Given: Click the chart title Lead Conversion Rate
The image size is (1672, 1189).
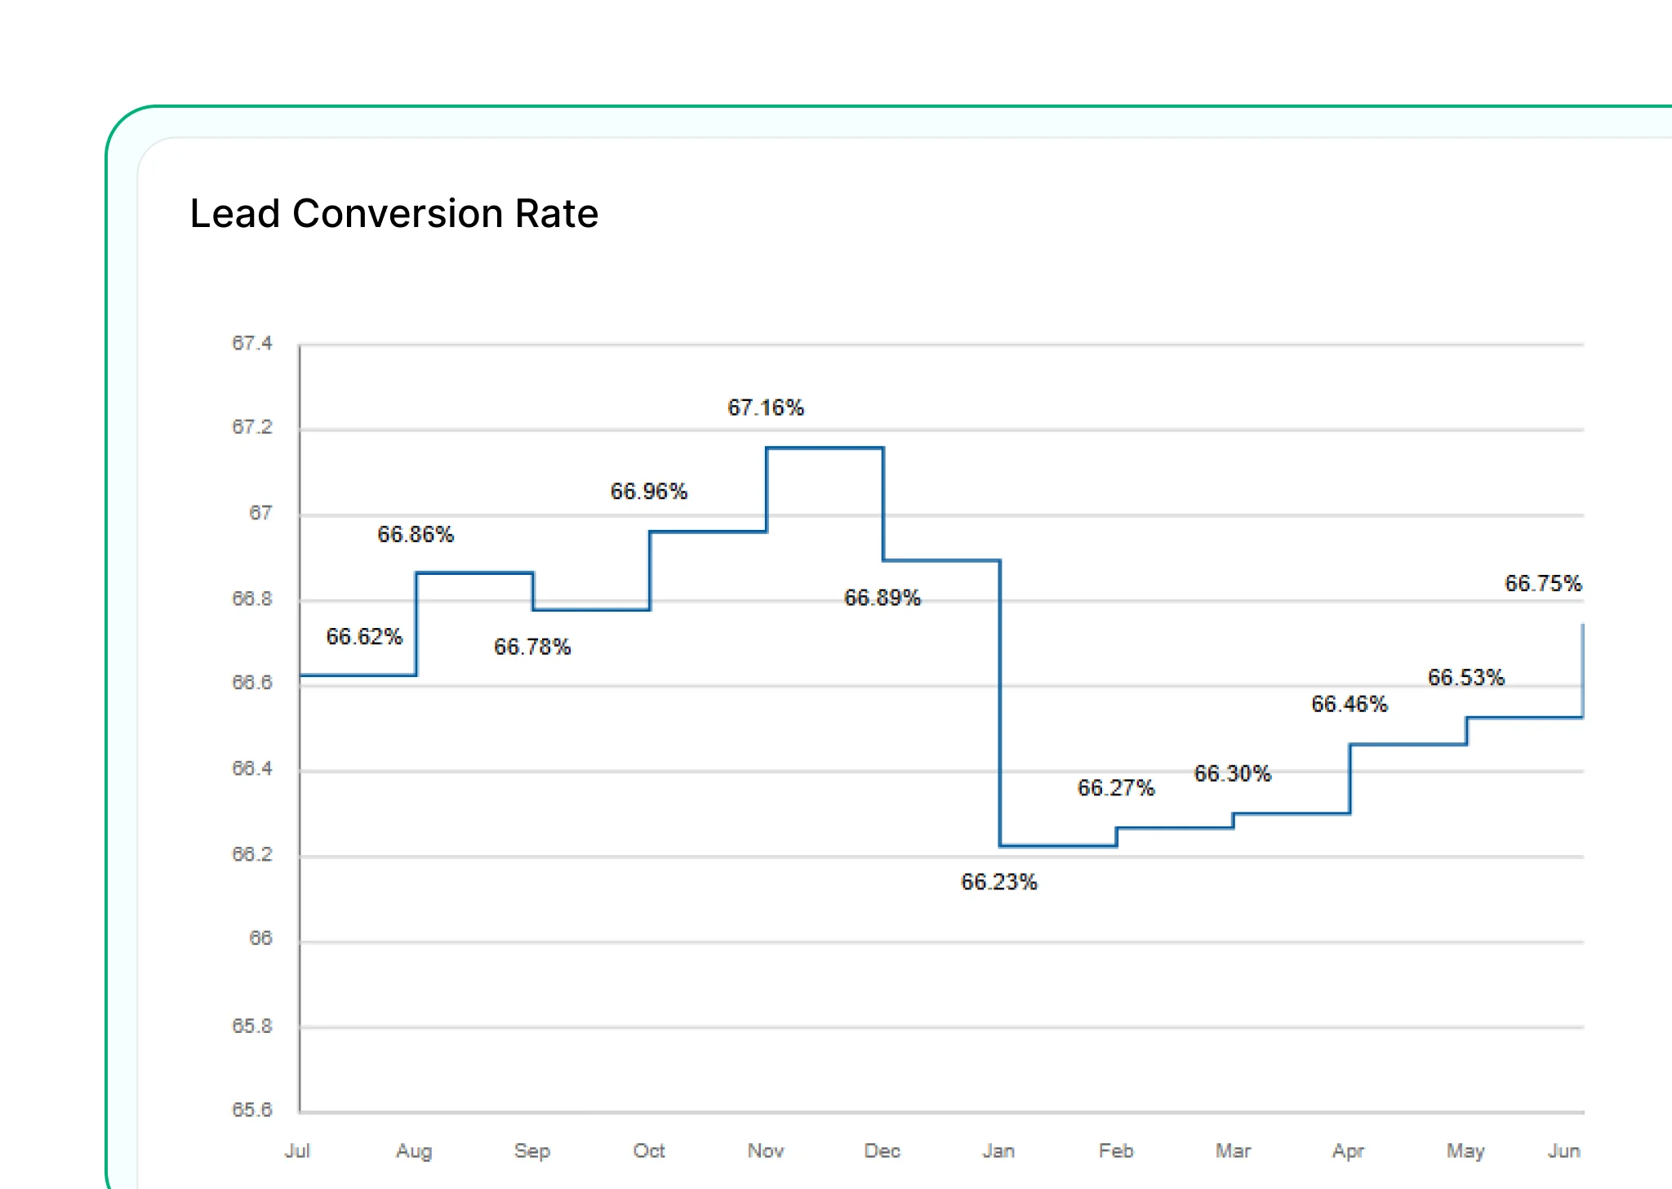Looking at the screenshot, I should click(394, 214).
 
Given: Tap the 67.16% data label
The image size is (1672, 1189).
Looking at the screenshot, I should click(765, 407).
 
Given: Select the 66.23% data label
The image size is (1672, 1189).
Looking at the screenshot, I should click(998, 882).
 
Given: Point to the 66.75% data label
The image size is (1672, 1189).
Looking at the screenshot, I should click(1542, 584).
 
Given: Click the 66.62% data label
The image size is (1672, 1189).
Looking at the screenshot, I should click(364, 637).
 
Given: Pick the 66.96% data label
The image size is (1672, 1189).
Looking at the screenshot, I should click(648, 492).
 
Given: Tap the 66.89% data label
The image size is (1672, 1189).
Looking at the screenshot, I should click(882, 598).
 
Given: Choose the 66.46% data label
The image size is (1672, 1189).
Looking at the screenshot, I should click(1349, 704).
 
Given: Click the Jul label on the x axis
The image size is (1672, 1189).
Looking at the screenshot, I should click(297, 1151).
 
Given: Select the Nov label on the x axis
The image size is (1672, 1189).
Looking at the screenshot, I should click(765, 1151).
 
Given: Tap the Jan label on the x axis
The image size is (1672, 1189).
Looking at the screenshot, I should click(998, 1151).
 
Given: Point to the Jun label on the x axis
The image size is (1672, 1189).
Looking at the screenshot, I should click(1563, 1151).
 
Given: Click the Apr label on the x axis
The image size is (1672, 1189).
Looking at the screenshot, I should click(1348, 1151).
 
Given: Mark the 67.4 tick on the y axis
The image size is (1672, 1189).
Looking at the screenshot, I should click(251, 343).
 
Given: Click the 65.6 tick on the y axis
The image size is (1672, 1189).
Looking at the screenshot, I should click(251, 1110).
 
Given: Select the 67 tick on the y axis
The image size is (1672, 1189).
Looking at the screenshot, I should click(260, 513).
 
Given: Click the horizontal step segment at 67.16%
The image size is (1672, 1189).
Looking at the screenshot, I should click(825, 448).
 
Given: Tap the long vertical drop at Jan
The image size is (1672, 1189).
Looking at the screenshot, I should click(1000, 702).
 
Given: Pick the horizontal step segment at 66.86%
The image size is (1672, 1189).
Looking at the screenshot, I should click(474, 573).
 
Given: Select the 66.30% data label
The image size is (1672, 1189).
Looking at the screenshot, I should click(1232, 773).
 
